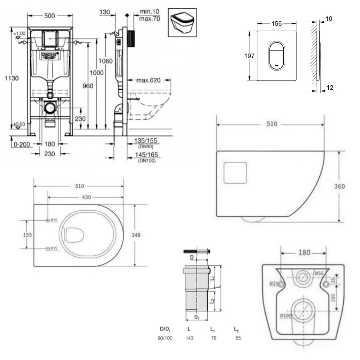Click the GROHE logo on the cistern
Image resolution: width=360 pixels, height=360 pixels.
[x=50, y=55]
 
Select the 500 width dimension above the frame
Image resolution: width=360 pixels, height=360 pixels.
[x=50, y=15]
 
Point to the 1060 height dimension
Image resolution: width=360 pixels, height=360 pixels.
[x=106, y=61]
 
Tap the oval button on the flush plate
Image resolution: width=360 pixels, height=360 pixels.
[x=276, y=56]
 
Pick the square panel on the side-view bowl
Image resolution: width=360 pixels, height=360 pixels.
[x=235, y=172]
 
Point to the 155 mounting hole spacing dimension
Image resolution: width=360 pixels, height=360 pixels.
[x=27, y=235]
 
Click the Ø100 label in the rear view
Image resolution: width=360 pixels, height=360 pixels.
[x=285, y=316]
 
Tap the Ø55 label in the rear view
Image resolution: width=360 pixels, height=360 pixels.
[x=318, y=273]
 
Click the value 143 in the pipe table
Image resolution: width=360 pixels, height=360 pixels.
[x=189, y=338]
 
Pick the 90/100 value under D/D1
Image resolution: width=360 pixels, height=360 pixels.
[x=165, y=338]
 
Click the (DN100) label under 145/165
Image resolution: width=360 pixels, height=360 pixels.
[x=147, y=161]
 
